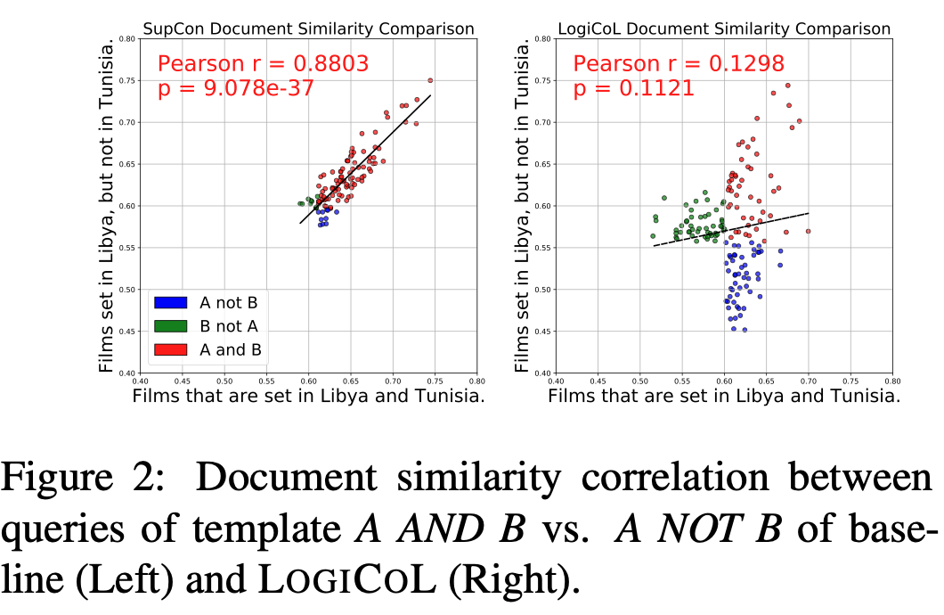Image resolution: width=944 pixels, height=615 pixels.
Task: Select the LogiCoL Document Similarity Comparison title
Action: pyautogui.click(x=723, y=29)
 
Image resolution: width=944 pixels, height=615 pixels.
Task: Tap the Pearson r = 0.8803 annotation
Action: pyautogui.click(x=263, y=64)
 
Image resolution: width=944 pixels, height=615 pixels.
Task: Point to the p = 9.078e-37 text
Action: pyautogui.click(x=235, y=88)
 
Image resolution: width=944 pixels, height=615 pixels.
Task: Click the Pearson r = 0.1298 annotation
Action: pyautogui.click(x=678, y=64)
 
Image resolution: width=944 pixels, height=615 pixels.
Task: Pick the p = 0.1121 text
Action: pyautogui.click(x=633, y=88)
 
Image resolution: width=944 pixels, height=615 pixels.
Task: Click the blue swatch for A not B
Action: pyautogui.click(x=169, y=302)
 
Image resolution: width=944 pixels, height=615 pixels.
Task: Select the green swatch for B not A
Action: pyautogui.click(x=169, y=326)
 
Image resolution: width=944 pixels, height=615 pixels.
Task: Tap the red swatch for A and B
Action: pyautogui.click(x=169, y=349)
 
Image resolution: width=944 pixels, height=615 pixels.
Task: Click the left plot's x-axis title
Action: pyautogui.click(x=308, y=398)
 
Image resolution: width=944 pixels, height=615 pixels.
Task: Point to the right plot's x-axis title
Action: pyautogui.click(x=724, y=397)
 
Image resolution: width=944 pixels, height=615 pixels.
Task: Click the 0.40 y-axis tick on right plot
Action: pyautogui.click(x=541, y=373)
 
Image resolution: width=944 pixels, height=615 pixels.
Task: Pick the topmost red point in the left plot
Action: pyautogui.click(x=430, y=80)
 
